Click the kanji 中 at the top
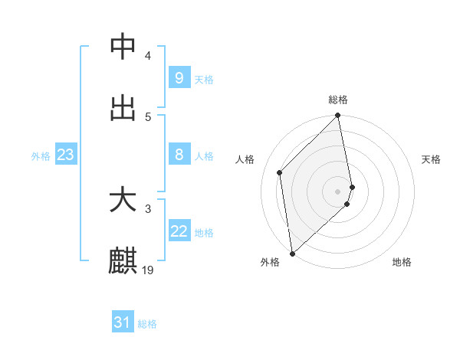(123, 47)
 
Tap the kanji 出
(123, 108)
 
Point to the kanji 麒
(123, 260)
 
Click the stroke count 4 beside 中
(148, 56)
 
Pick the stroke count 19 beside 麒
(148, 270)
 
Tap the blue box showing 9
(179, 77)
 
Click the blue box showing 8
(179, 155)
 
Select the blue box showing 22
(179, 232)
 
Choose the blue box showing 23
(66, 155)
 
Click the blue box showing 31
(123, 322)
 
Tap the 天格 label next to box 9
(204, 79)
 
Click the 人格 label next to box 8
(204, 156)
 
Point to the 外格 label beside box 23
(41, 156)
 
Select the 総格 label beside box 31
(147, 324)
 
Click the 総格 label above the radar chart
(338, 100)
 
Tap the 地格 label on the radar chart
(402, 262)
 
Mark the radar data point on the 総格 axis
(338, 116)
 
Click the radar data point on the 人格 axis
(280, 172)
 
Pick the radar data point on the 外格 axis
(292, 254)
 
